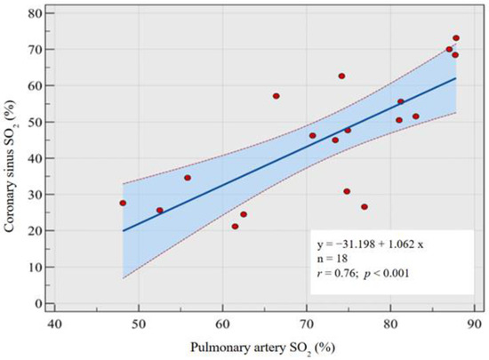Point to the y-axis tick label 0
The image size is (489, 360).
32,303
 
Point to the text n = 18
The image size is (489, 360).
336,260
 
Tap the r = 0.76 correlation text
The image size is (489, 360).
341,275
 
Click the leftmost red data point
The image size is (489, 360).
123,203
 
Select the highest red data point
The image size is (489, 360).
456,38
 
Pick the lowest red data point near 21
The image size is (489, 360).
235,227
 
